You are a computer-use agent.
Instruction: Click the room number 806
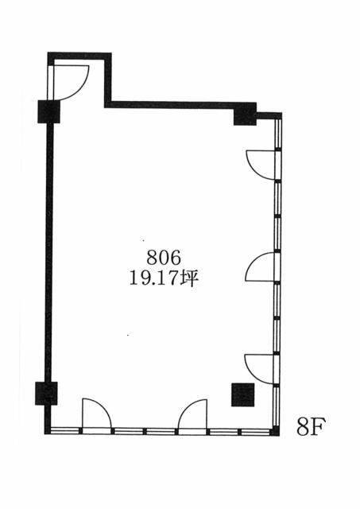click(x=164, y=258)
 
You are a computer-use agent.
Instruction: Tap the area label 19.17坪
click(x=164, y=278)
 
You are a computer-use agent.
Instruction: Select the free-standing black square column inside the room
click(x=242, y=394)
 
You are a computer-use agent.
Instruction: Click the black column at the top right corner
click(x=246, y=114)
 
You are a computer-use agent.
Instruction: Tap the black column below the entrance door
click(x=49, y=111)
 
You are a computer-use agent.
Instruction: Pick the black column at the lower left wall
click(x=46, y=393)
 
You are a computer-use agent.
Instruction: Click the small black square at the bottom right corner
click(x=275, y=432)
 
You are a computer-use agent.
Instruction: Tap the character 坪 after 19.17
click(x=189, y=279)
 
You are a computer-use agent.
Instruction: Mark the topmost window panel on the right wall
click(x=278, y=134)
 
